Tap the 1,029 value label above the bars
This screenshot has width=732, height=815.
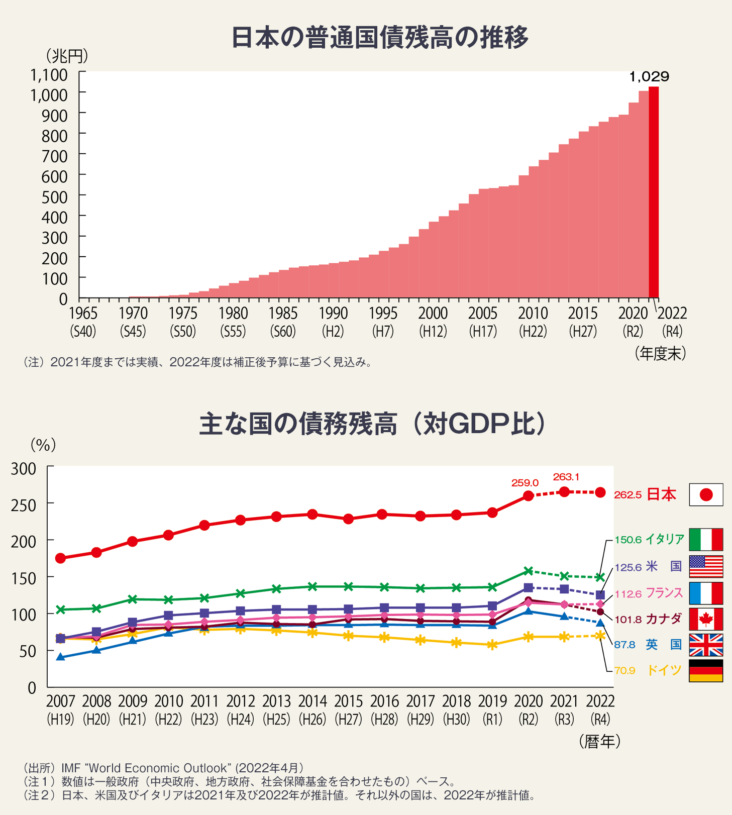[649, 77]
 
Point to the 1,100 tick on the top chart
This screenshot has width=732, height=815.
[49, 75]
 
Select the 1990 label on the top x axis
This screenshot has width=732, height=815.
[333, 314]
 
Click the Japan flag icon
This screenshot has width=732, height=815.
[706, 495]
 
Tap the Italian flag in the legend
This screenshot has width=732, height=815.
[706, 540]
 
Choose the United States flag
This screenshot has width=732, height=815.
[706, 567]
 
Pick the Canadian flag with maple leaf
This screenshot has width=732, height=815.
[706, 619]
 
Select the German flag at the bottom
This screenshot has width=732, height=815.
[706, 671]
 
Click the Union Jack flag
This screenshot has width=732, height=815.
[706, 645]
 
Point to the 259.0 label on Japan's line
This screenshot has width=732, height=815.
[525, 483]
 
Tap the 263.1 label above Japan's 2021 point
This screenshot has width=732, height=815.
[566, 477]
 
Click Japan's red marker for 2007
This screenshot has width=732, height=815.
[61, 558]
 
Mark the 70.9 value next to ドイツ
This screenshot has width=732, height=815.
[624, 671]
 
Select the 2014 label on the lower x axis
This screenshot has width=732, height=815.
[312, 701]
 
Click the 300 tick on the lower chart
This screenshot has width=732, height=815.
[24, 469]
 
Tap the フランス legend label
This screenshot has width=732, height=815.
[664, 593]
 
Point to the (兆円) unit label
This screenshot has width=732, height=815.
[67, 55]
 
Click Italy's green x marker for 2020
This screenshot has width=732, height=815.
[528, 571]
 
